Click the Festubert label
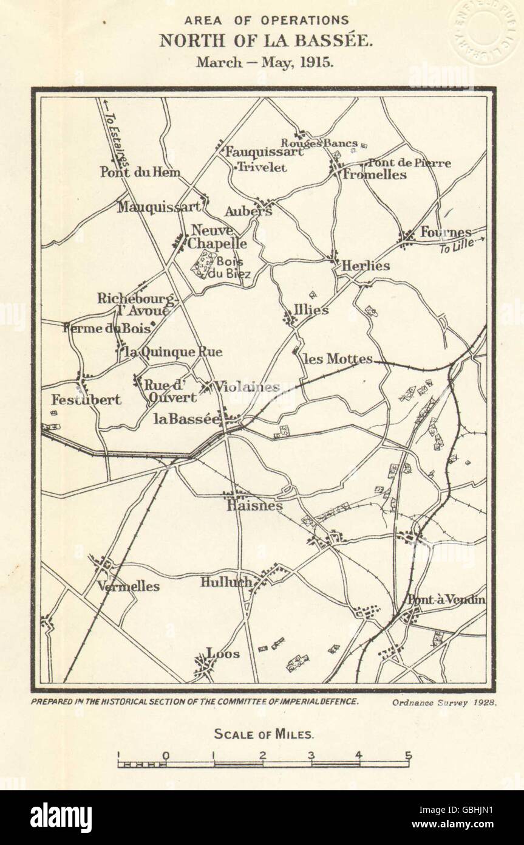pos(86,400)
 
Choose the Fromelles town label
pos(374,174)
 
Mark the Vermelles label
pos(128,587)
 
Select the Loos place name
pos(223,654)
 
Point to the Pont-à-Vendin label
pos(446,600)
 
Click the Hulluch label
pos(226,582)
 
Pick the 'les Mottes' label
pos(337,359)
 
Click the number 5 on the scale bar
pos(409,756)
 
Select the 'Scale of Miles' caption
pos(264,734)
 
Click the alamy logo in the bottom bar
pos(61,818)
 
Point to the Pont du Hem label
pos(140,173)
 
